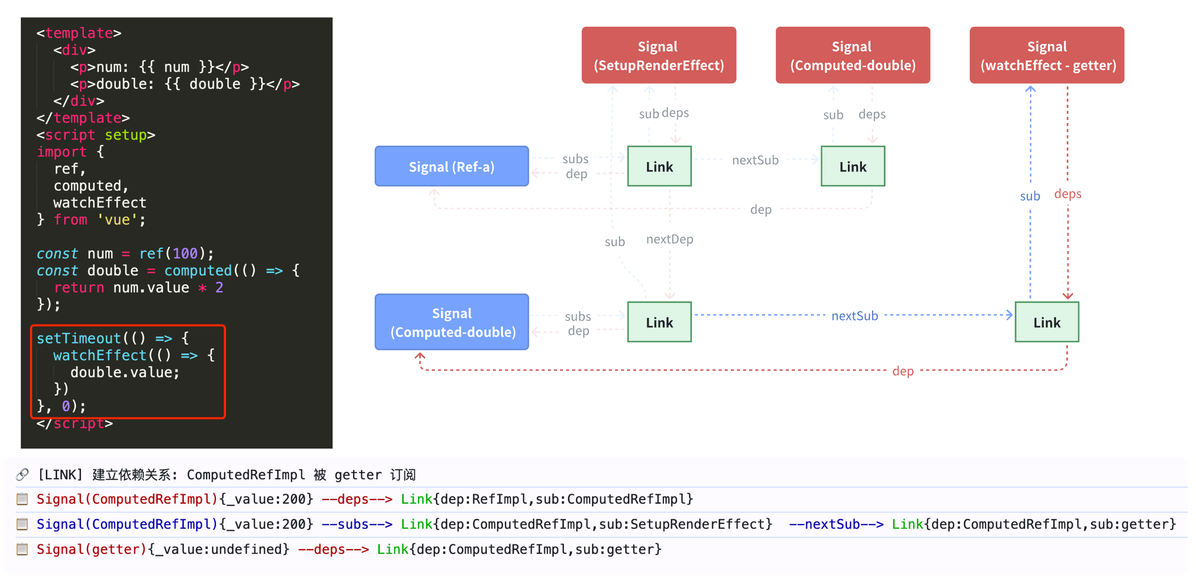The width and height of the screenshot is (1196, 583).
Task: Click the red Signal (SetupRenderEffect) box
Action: click(x=658, y=55)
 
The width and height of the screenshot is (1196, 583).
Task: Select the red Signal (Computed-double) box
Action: click(x=852, y=55)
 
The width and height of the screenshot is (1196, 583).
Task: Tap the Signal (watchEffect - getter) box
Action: click(x=1047, y=55)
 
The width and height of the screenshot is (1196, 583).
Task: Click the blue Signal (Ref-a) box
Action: click(x=451, y=167)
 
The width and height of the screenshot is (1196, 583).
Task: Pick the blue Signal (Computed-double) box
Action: click(x=451, y=322)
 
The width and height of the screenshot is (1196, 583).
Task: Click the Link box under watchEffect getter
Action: click(x=1047, y=323)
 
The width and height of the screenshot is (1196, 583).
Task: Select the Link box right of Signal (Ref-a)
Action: click(x=659, y=167)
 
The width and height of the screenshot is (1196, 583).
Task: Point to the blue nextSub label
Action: click(x=854, y=316)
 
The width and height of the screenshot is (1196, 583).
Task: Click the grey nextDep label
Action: click(x=670, y=239)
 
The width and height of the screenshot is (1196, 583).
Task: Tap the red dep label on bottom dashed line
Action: click(x=903, y=371)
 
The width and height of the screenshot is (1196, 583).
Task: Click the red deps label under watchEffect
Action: click(x=1067, y=194)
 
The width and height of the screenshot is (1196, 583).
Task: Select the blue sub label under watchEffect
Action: click(x=1029, y=196)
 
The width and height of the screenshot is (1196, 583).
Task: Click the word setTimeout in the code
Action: click(x=78, y=339)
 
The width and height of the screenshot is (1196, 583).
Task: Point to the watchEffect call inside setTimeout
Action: click(x=100, y=356)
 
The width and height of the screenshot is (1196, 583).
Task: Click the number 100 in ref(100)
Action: click(x=185, y=253)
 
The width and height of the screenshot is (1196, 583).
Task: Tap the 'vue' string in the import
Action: click(x=117, y=220)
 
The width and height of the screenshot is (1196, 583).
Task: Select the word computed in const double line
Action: click(x=198, y=271)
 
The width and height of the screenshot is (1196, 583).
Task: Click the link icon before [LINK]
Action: click(x=22, y=474)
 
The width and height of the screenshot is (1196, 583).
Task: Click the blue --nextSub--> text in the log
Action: click(x=836, y=525)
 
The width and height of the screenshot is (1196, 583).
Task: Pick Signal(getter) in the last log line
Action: click(x=91, y=550)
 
